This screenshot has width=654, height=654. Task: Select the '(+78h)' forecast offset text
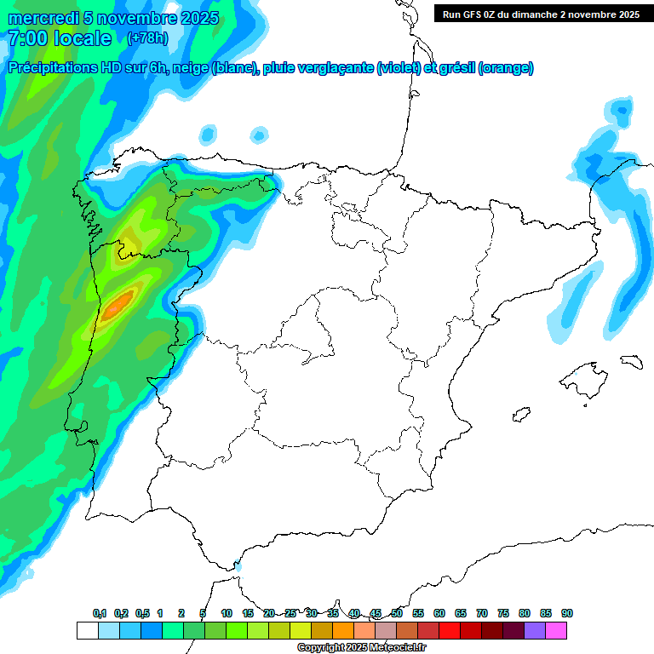click(147, 38)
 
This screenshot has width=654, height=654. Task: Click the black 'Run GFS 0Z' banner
click(541, 14)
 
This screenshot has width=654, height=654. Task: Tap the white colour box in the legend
click(87, 631)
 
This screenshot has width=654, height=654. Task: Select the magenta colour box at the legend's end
click(556, 631)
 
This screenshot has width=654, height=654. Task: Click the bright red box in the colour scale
click(450, 631)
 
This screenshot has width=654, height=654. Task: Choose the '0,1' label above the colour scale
click(100, 613)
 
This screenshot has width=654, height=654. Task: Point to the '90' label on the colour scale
click(567, 613)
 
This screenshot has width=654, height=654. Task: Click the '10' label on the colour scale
click(227, 613)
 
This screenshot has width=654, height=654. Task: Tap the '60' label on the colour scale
click(439, 613)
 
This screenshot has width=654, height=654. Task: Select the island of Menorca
click(630, 361)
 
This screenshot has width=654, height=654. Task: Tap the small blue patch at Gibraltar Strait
click(238, 565)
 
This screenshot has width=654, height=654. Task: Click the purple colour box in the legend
click(535, 631)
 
